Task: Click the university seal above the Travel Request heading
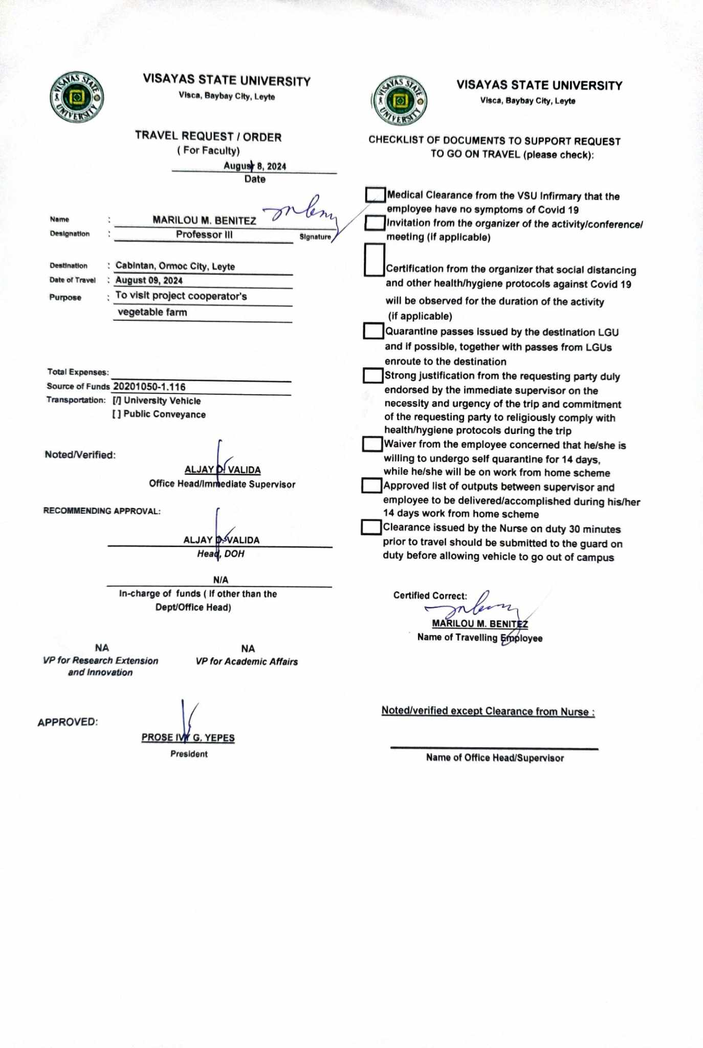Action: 77,97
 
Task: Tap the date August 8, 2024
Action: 255,166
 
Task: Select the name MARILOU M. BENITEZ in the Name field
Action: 204,221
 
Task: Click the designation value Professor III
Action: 204,234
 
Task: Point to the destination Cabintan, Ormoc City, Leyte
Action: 175,266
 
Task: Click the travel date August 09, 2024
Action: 149,280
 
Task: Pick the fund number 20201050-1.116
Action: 149,387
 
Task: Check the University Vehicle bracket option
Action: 117,401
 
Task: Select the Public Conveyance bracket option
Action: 117,414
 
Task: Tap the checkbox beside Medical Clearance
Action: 375,194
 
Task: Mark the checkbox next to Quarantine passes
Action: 374,331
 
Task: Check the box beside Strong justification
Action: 373,376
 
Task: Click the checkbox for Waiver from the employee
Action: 372,444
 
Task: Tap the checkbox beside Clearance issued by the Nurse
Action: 371,527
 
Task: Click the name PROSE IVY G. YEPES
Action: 188,737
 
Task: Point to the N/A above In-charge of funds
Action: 221,580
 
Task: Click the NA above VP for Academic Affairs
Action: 248,649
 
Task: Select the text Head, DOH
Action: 221,554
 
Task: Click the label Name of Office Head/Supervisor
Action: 495,758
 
